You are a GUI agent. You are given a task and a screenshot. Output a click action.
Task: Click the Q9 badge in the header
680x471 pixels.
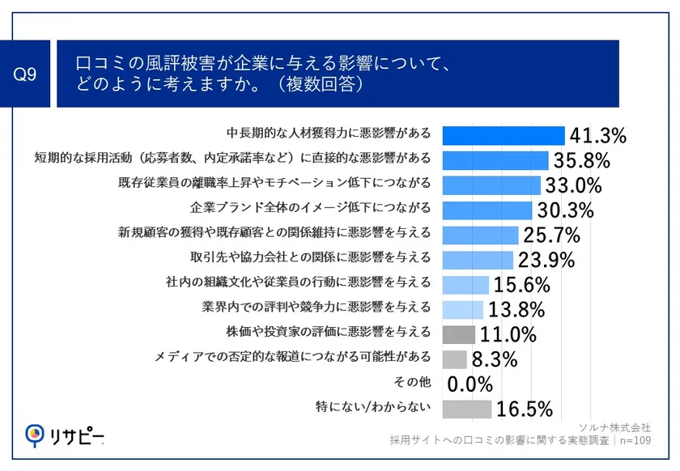[27, 74]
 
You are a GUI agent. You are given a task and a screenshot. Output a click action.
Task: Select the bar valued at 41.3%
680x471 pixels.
[503, 135]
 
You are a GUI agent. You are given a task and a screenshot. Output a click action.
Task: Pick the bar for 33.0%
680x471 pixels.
[491, 185]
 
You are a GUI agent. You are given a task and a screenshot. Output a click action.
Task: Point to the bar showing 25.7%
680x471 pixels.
[480, 235]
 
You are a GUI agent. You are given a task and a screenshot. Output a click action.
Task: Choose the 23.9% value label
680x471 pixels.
[546, 261]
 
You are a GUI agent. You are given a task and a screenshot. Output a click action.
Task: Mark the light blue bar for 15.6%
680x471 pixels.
[465, 285]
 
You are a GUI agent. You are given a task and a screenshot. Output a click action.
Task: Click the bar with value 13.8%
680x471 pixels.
[462, 310]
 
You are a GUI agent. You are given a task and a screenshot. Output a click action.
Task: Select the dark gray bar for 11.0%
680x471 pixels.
[458, 334]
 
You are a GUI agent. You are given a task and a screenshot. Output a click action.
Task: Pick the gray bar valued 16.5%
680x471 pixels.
[466, 409]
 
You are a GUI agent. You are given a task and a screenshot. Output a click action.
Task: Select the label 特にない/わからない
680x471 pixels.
[373, 407]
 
